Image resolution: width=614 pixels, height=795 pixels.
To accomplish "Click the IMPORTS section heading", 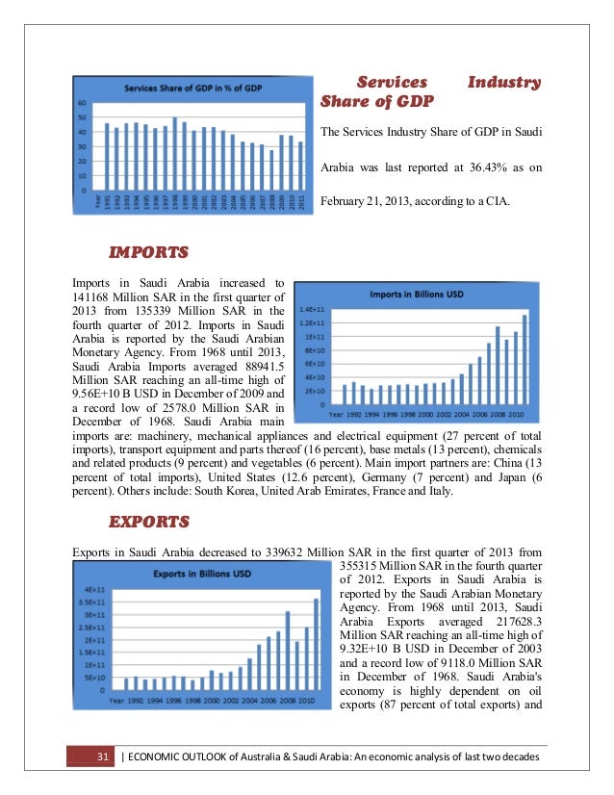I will click(x=148, y=254).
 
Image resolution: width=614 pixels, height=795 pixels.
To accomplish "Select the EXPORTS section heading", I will click(x=149, y=524).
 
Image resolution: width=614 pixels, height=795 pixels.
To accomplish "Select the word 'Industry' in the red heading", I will click(x=503, y=83).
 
